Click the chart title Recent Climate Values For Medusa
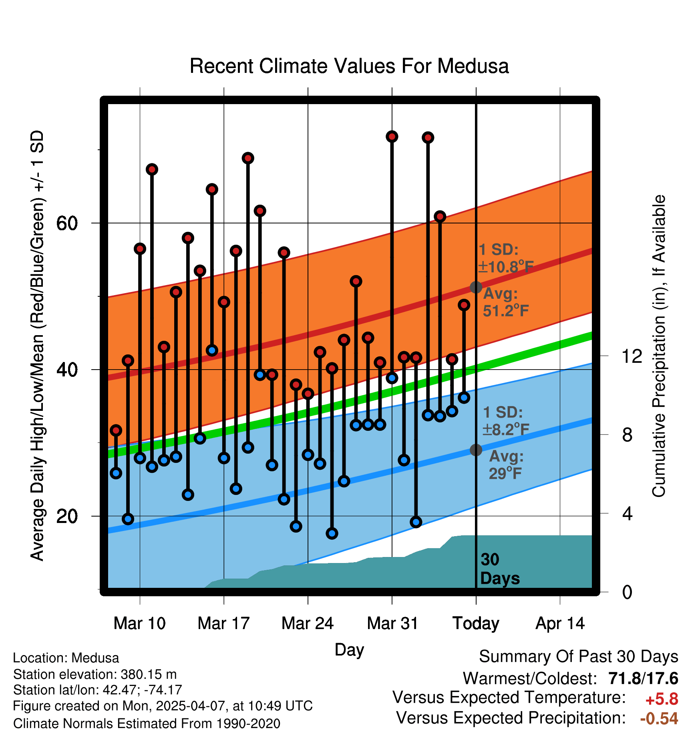coord(349,66)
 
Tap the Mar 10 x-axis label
coord(139,623)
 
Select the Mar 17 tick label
coord(223,623)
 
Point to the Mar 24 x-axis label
coord(308,623)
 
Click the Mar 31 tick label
coord(392,623)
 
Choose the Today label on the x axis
coord(476,623)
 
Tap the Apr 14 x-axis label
coord(560,623)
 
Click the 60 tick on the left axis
coord(67,223)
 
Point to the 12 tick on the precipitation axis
coord(632,356)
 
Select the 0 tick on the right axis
coord(627,592)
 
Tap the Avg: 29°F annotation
coord(506,465)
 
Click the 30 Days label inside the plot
coord(499,569)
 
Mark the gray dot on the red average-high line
coord(476,287)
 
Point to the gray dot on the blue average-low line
coord(476,450)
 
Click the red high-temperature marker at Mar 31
coord(392,137)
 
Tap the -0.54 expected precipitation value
coord(659,718)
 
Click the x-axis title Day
coord(349,650)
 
